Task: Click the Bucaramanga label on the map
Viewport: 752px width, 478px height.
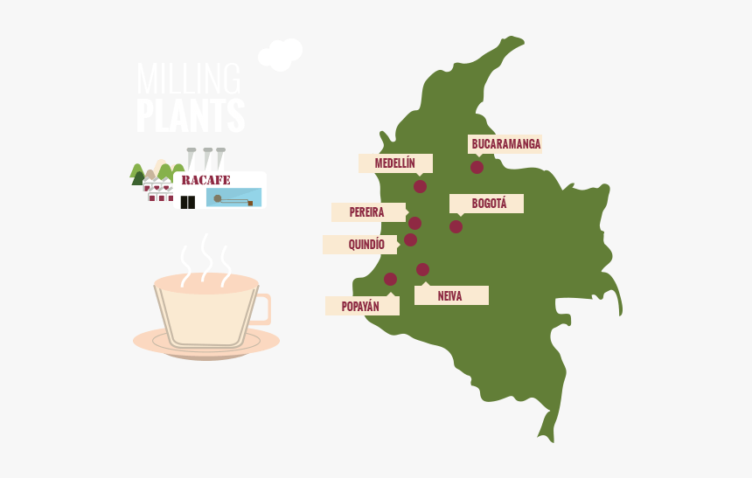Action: coord(505,143)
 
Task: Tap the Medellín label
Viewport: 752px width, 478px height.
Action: coord(395,163)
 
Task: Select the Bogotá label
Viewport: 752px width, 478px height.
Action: coord(487,204)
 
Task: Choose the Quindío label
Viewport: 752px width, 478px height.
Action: coord(361,245)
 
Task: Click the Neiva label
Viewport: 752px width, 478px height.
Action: coord(450,295)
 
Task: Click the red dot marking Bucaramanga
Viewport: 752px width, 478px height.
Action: coord(477,167)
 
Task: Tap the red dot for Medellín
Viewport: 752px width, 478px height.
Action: coord(420,186)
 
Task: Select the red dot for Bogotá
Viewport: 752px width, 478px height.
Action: coord(456,226)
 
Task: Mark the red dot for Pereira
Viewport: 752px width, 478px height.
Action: coord(414,223)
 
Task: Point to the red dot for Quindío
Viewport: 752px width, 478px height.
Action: coord(410,239)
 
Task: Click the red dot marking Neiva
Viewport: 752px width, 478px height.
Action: coord(422,269)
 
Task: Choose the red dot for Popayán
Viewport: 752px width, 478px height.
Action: coord(390,279)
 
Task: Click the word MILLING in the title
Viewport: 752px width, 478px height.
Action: coord(188,80)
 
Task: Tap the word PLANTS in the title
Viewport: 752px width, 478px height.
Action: coord(191,116)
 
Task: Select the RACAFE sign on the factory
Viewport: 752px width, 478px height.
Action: coord(206,180)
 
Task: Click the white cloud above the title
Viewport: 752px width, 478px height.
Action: coord(281,54)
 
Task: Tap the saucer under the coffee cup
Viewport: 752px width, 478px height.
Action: coord(206,344)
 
